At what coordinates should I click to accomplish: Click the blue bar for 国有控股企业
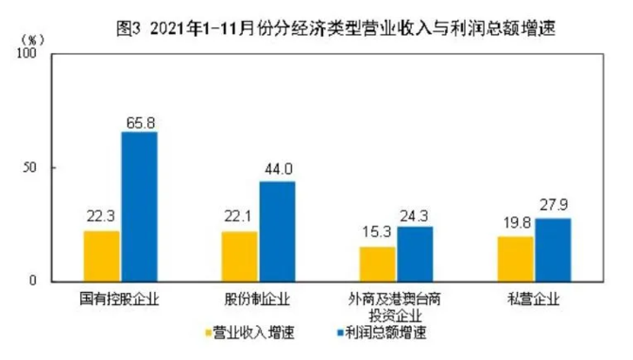(139, 207)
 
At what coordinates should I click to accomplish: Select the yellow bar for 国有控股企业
(102, 256)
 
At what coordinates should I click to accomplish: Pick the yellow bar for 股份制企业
(240, 256)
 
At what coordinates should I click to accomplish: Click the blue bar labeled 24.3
(415, 253)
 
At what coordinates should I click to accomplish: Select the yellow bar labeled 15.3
(378, 264)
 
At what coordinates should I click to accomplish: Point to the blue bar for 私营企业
(553, 249)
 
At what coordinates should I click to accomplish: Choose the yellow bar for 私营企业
(516, 259)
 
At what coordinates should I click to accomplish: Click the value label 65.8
(139, 121)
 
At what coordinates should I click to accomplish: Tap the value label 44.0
(277, 170)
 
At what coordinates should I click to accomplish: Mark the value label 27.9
(553, 207)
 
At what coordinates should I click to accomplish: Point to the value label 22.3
(102, 219)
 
